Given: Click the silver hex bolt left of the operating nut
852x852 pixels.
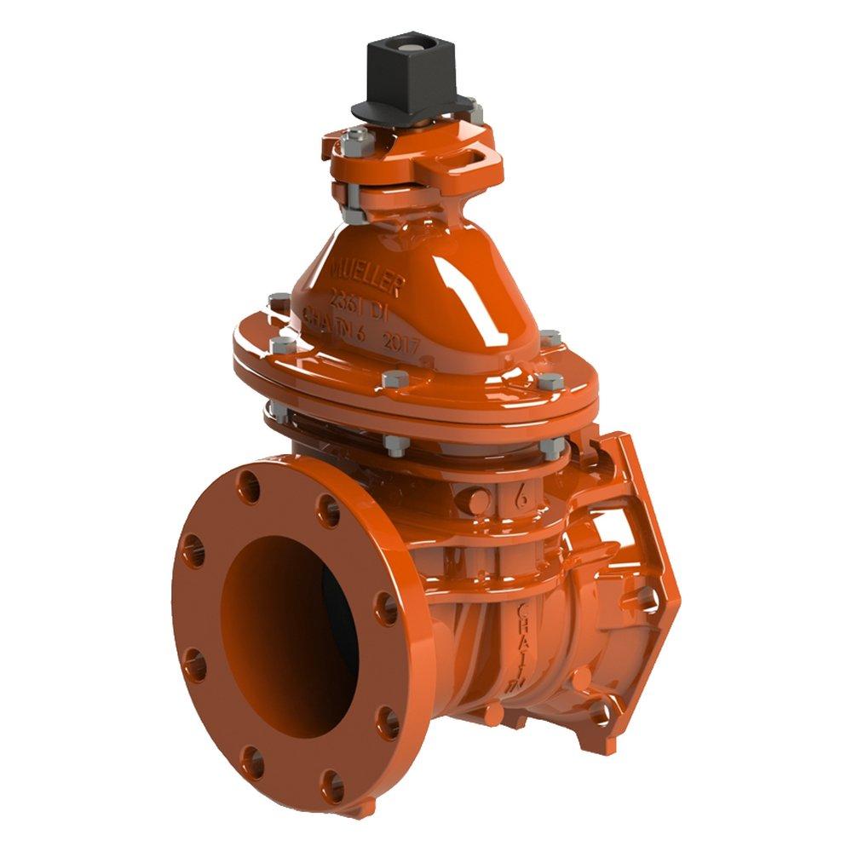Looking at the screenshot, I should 354,138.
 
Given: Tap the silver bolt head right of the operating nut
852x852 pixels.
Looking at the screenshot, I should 474,108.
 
